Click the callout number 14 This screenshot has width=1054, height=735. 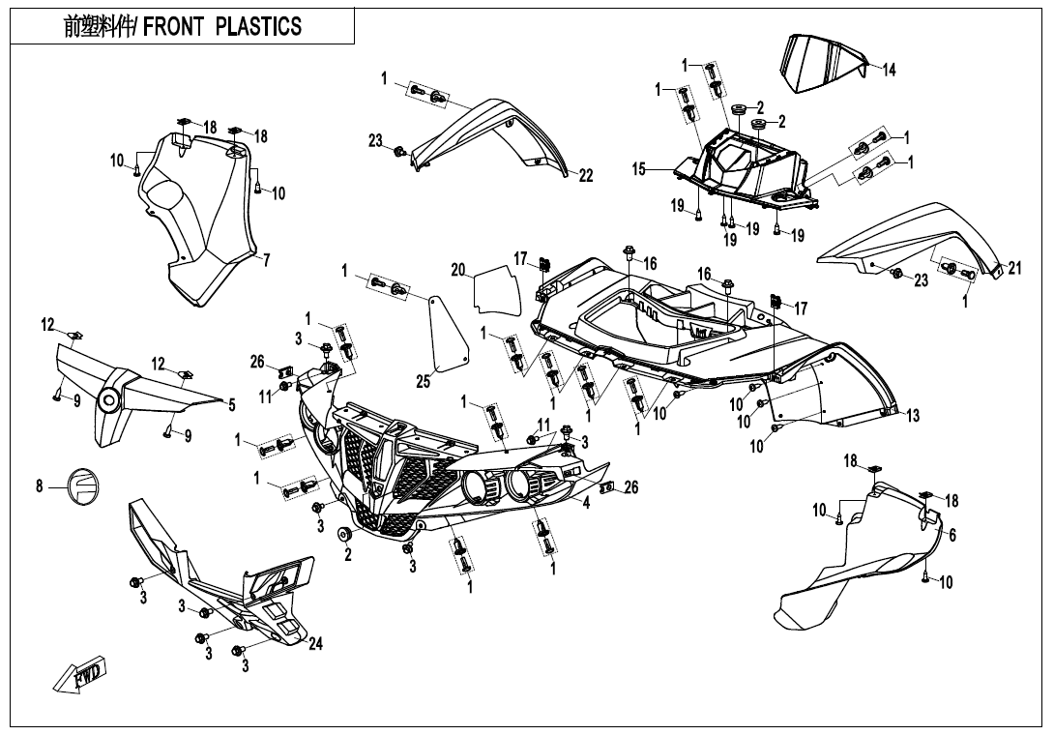click(890, 70)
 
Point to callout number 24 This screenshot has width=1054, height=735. click(315, 645)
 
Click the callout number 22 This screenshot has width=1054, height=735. click(586, 175)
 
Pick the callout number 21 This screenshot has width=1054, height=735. click(1014, 269)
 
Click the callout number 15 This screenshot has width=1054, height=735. click(639, 169)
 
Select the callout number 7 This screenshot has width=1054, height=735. click(266, 259)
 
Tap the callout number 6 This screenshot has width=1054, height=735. click(952, 536)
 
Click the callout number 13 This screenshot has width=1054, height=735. click(913, 416)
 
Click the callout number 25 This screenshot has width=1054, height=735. click(423, 382)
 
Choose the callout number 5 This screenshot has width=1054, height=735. click(231, 406)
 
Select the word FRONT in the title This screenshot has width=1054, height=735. click(174, 26)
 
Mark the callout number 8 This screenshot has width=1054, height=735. click(40, 486)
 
